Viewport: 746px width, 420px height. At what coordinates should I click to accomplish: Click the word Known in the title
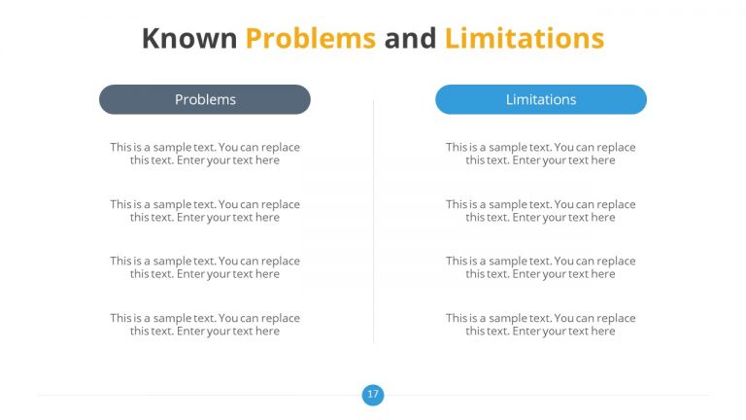(x=189, y=38)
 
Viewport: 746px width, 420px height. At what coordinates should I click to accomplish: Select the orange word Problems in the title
(x=310, y=38)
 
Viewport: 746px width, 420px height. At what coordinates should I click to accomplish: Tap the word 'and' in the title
(x=410, y=38)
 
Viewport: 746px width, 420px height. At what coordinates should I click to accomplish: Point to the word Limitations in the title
(x=525, y=38)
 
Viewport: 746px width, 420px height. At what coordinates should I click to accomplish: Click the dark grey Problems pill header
(x=205, y=99)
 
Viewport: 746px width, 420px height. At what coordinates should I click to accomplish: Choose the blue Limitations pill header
(x=541, y=99)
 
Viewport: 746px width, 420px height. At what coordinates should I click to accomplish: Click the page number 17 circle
(x=373, y=395)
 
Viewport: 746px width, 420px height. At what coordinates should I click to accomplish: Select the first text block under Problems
(x=205, y=154)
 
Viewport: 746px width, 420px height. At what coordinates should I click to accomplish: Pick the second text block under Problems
(x=205, y=211)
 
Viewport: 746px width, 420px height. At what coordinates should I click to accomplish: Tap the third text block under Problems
(x=205, y=267)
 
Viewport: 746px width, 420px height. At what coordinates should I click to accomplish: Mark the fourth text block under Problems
(x=205, y=325)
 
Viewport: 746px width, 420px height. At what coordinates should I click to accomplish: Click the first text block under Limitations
(x=541, y=154)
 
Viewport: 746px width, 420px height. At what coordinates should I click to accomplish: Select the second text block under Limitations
(x=541, y=211)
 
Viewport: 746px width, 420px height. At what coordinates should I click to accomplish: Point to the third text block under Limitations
(x=541, y=267)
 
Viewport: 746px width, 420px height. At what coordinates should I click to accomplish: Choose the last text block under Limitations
(x=541, y=325)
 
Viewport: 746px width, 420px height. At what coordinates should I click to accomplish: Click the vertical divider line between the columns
(x=374, y=224)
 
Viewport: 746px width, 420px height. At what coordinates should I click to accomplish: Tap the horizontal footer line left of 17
(x=194, y=396)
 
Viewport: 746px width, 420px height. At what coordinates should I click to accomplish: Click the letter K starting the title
(x=152, y=38)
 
